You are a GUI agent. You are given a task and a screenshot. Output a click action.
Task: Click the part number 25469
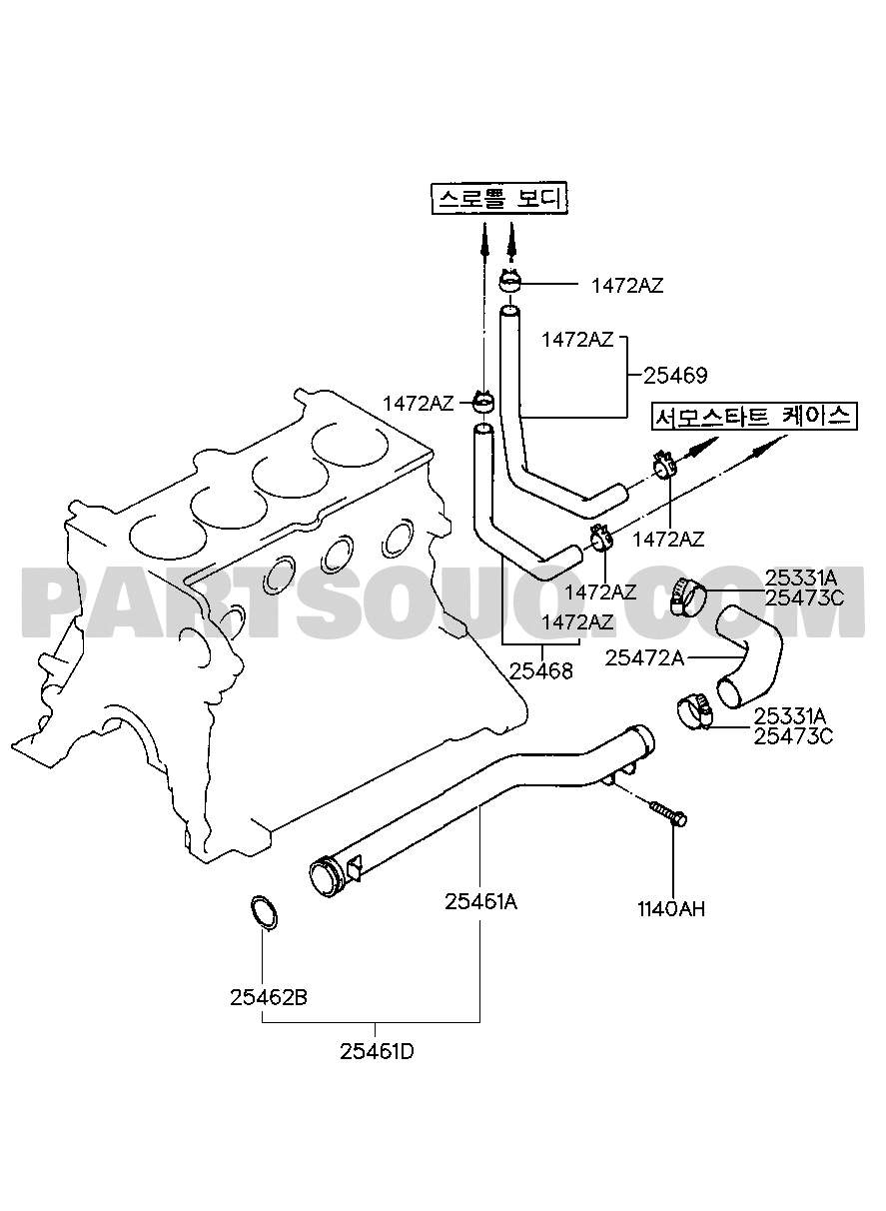(x=675, y=376)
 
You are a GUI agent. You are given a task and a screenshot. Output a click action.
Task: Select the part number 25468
(x=541, y=671)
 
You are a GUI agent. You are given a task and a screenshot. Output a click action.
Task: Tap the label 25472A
(x=644, y=657)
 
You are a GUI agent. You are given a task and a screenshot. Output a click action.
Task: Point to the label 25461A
(x=481, y=902)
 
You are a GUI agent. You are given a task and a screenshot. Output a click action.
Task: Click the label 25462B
(x=269, y=997)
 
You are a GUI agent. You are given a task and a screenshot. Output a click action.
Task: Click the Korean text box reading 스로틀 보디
(x=501, y=199)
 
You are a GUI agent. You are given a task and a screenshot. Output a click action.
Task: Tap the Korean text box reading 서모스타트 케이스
(x=754, y=416)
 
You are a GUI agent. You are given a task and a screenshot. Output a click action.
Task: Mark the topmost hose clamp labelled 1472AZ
(x=510, y=281)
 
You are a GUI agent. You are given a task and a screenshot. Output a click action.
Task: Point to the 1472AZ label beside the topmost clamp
(x=627, y=286)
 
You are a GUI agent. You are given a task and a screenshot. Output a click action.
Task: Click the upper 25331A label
(x=801, y=579)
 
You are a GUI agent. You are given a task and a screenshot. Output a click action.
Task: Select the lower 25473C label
(x=793, y=736)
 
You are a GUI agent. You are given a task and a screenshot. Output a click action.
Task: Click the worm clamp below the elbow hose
(x=695, y=712)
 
